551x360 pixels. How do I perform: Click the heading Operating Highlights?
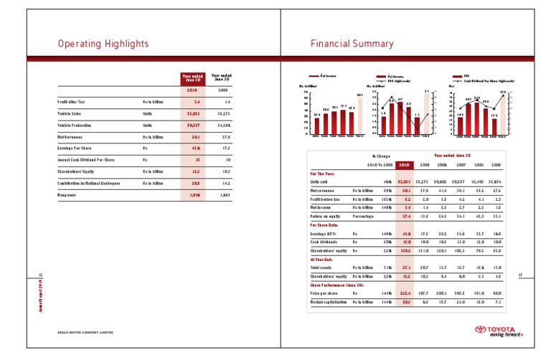click(103, 44)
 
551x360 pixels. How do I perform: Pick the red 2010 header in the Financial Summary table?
click(405, 164)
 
